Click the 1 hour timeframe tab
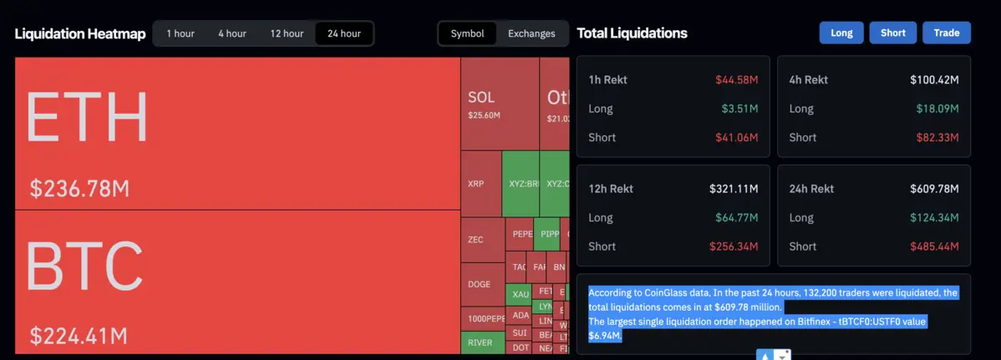(180, 33)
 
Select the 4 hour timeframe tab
(232, 33)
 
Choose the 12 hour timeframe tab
(287, 33)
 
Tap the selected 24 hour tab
(344, 33)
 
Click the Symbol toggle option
(467, 33)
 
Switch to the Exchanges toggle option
(531, 33)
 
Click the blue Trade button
(947, 33)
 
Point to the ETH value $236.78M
(79, 189)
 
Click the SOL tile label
(481, 98)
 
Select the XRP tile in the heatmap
(475, 183)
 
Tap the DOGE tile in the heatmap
(480, 284)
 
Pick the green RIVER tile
(480, 342)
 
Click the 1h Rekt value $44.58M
(736, 79)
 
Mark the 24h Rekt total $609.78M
(934, 189)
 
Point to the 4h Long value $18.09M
(939, 109)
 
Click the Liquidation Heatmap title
(80, 33)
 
